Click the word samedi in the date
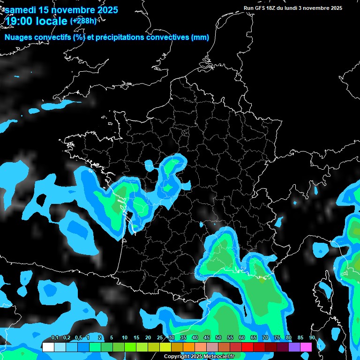pyautogui.click(x=21, y=9)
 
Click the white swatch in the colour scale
pyautogui.click(x=48, y=347)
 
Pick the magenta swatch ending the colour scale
pyautogui.click(x=306, y=347)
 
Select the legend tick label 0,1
pyautogui.click(x=55, y=338)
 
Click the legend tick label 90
pyautogui.click(x=312, y=338)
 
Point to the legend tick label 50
pyautogui.click(x=218, y=338)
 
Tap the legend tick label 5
pyautogui.click(x=112, y=338)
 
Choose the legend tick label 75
pyautogui.click(x=277, y=338)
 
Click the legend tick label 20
pyautogui.click(x=148, y=338)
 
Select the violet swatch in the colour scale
pyautogui.click(x=294, y=347)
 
